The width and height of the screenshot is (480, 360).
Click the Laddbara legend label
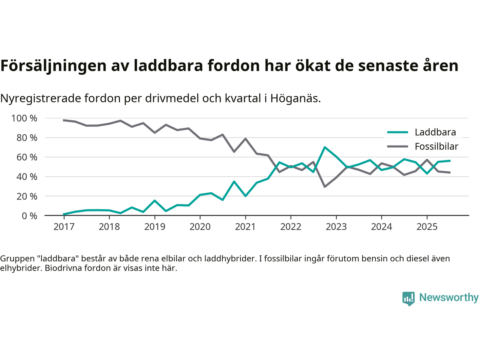click(435, 132)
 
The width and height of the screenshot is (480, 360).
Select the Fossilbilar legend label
click(436, 146)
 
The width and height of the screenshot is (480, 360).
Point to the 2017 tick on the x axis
click(64, 226)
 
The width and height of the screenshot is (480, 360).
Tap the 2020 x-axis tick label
click(200, 226)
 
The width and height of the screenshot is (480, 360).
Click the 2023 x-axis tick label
click(336, 226)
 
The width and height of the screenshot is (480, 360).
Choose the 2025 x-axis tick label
click(427, 226)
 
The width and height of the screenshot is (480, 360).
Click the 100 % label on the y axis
click(24, 118)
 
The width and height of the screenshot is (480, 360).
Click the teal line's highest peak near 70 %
click(325, 147)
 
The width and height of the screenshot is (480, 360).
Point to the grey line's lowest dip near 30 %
click(325, 186)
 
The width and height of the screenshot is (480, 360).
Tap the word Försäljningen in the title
click(53, 66)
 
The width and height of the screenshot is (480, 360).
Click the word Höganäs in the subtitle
click(295, 98)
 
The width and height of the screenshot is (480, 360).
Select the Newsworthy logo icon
click(408, 298)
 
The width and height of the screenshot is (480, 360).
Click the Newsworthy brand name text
click(448, 297)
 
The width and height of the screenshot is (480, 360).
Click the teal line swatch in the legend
click(397, 132)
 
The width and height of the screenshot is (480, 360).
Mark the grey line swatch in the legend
click(397, 146)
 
